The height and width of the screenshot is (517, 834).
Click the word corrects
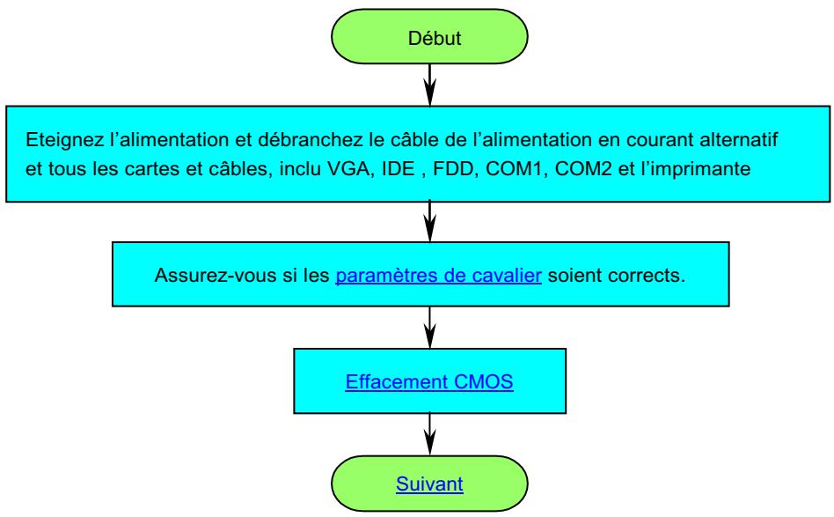654,276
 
